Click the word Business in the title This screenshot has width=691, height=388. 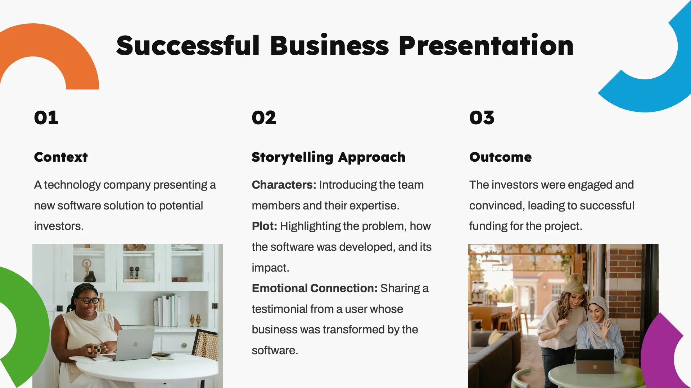click(x=329, y=46)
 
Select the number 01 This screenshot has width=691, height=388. click(x=46, y=118)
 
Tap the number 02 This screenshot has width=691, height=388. click(x=264, y=118)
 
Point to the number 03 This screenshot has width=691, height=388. click(x=482, y=118)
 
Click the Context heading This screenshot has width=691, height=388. click(x=61, y=157)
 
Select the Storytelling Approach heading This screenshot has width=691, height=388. click(x=328, y=157)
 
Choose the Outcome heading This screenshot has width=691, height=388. click(x=500, y=157)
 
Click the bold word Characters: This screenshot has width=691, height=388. click(x=284, y=185)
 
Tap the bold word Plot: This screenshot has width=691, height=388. click(x=265, y=226)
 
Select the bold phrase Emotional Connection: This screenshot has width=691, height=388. click(x=315, y=288)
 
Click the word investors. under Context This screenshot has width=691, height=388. click(x=59, y=226)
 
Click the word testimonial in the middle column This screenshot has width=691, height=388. click(x=279, y=309)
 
